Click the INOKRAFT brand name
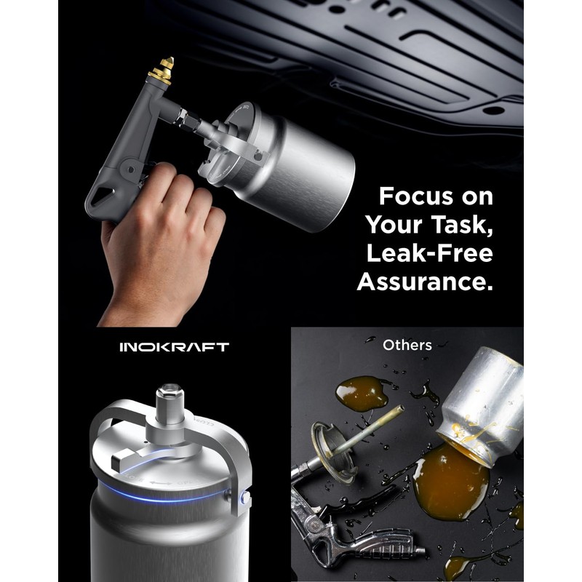(174, 347)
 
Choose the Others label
(407, 345)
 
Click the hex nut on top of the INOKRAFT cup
(169, 397)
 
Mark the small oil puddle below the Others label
(362, 393)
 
